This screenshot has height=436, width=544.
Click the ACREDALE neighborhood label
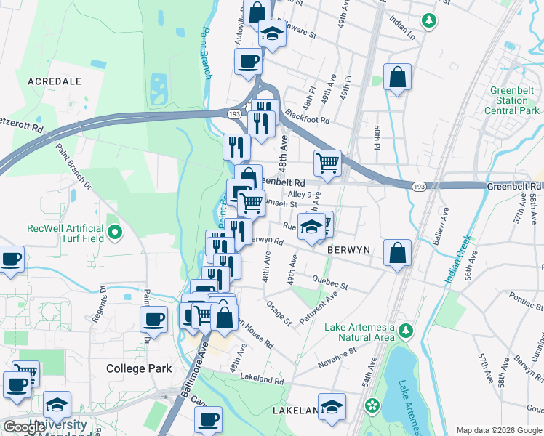(54, 81)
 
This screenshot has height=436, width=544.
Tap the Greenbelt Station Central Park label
(513, 100)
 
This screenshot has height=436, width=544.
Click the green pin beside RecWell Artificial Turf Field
(115, 233)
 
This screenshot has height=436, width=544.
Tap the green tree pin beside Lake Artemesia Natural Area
(406, 332)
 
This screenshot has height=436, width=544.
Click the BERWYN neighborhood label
(349, 249)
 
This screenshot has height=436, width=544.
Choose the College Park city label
(139, 368)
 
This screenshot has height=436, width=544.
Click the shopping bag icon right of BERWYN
(398, 254)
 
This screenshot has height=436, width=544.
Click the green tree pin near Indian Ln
(430, 20)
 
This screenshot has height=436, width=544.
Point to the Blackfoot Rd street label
(308, 116)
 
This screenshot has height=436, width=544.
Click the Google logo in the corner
(25, 427)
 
